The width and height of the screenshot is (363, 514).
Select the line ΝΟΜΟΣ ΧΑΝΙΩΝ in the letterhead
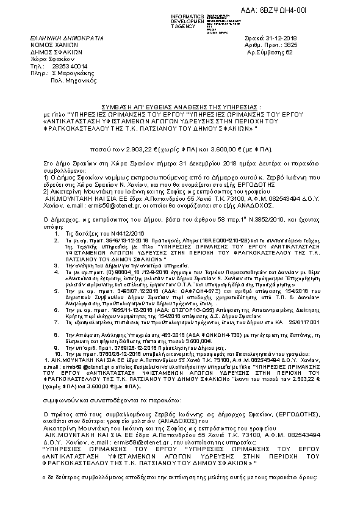pos(54,45)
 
